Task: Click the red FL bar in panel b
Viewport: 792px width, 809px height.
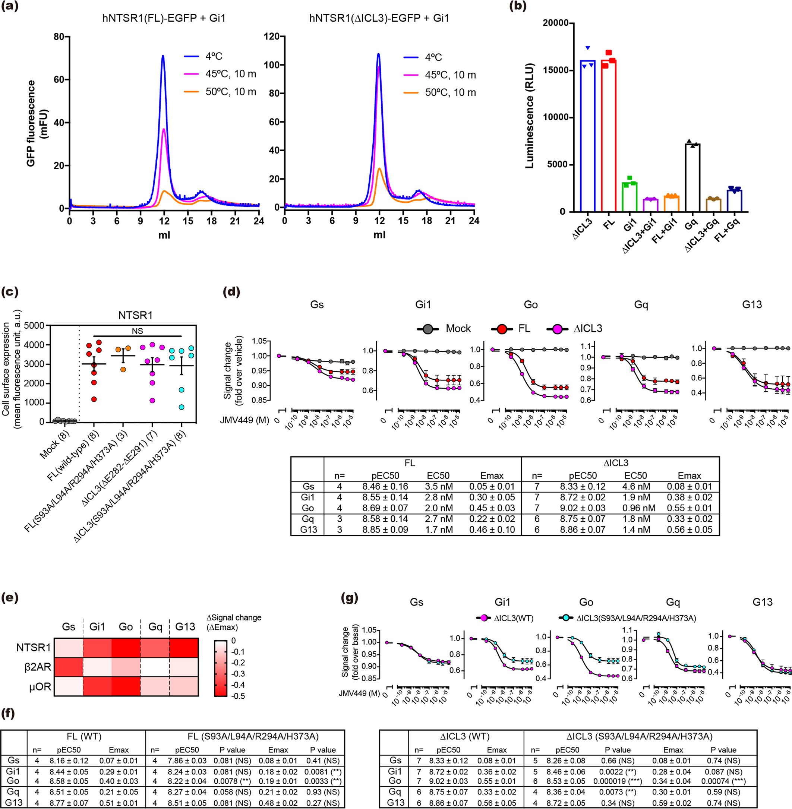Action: coord(608,137)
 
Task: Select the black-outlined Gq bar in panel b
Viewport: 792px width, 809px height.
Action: coord(692,179)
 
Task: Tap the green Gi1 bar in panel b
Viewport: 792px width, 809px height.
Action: coord(630,197)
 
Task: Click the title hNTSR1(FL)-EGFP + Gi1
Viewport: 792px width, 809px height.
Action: coord(164,18)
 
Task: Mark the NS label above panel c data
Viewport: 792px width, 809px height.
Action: coord(137,331)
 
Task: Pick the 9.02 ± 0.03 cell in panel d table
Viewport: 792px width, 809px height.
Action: coord(582,508)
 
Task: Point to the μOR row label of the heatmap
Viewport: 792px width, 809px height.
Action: coord(40,687)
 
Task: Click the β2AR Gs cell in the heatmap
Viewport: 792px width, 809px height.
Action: coord(69,667)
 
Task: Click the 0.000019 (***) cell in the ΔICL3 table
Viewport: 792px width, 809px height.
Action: coord(617,781)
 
